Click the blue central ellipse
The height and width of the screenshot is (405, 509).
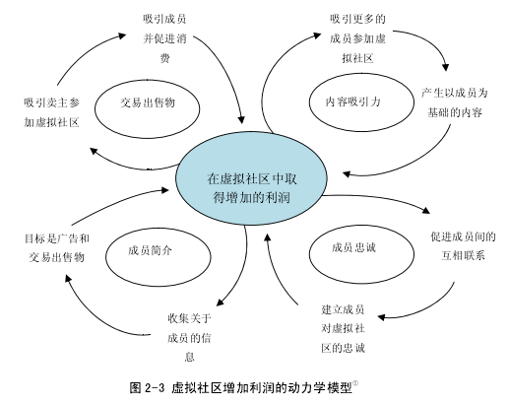pos(251,179)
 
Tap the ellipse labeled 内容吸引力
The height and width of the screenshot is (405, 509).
pos(361,74)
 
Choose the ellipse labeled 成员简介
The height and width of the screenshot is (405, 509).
pos(159,230)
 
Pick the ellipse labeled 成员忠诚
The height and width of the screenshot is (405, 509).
pos(361,226)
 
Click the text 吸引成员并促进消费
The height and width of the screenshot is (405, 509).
pos(164,38)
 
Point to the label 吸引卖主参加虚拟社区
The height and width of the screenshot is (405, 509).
pos(51,112)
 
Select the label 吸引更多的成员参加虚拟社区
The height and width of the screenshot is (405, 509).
pos(357,38)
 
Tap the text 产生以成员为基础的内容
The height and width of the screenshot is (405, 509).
pos(455,102)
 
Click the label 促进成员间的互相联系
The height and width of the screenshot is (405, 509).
pos(463,246)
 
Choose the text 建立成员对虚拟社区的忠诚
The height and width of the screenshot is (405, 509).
pos(343,328)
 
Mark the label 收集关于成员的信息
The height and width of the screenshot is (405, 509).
pos(189,337)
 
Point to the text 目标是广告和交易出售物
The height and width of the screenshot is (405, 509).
pos(57,247)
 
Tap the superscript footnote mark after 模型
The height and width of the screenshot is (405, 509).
pos(355,383)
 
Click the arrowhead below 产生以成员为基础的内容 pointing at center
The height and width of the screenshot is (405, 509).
pos(347,173)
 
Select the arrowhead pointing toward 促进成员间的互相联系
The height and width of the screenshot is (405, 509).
pos(426,210)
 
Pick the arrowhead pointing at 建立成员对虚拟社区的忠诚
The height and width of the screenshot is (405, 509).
pos(381,317)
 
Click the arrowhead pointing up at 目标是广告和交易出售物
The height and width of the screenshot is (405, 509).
pos(68,279)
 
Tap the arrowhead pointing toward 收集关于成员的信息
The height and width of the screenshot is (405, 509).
pos(221,303)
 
